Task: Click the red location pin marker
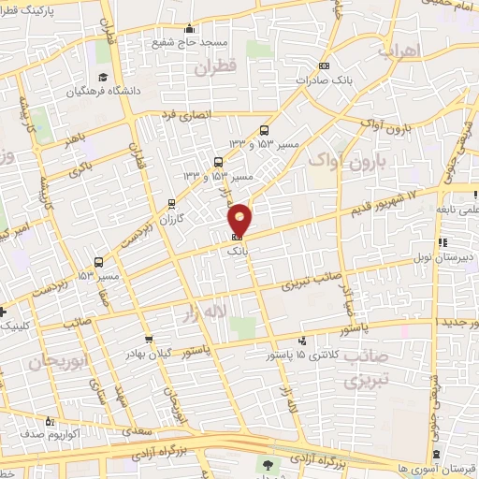[240, 218]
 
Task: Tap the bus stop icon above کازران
[170, 202]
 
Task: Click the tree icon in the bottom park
[269, 464]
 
